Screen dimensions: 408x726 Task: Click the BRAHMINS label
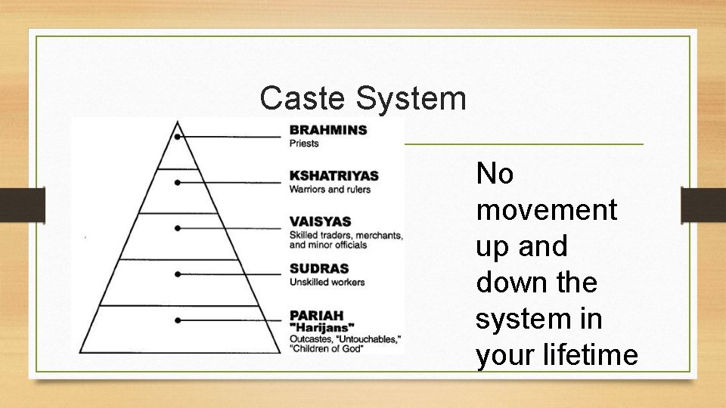pyautogui.click(x=327, y=130)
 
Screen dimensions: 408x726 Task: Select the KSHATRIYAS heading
pyautogui.click(x=334, y=176)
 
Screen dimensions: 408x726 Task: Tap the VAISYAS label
pyautogui.click(x=320, y=221)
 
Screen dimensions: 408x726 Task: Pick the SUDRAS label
pyautogui.click(x=319, y=268)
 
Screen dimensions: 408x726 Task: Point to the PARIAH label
pyautogui.click(x=316, y=314)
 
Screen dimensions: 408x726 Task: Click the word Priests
pyautogui.click(x=304, y=144)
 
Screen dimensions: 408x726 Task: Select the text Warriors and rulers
pyautogui.click(x=330, y=189)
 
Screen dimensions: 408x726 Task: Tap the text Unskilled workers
pyautogui.click(x=327, y=282)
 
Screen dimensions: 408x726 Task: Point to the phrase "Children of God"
pyautogui.click(x=324, y=348)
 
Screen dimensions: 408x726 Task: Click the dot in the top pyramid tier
pyautogui.click(x=177, y=137)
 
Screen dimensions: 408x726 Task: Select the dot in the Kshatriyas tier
pyautogui.click(x=177, y=183)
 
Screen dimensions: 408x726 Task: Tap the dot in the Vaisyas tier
pyautogui.click(x=177, y=227)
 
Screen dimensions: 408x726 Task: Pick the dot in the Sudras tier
pyautogui.click(x=177, y=274)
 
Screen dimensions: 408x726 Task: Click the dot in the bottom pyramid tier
pyautogui.click(x=177, y=320)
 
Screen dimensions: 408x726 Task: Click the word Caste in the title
pyautogui.click(x=299, y=98)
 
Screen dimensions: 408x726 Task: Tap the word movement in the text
pyautogui.click(x=547, y=210)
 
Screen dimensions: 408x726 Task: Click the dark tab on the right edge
pyautogui.click(x=703, y=205)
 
